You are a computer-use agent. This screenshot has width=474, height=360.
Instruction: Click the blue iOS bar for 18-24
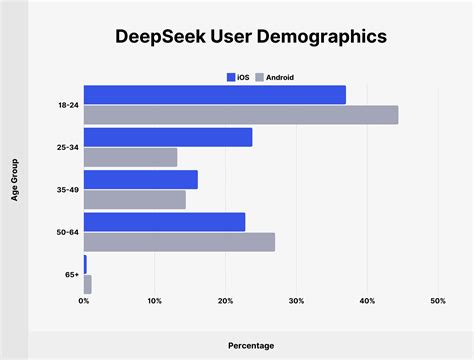tap(215, 95)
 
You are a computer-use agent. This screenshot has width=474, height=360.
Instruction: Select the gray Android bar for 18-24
tap(241, 115)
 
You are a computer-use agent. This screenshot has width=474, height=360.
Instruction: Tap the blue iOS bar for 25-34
tap(168, 137)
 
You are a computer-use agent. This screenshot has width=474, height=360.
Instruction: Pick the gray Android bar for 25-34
tap(131, 157)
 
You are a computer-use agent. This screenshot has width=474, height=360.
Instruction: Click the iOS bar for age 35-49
tap(141, 179)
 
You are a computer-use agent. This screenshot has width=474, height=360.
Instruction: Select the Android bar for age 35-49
tap(135, 199)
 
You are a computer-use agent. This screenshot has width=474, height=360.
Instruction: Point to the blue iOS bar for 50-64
tap(165, 222)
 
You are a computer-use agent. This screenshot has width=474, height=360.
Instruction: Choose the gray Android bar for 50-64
tap(180, 242)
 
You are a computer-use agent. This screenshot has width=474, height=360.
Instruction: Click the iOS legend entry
tap(238, 77)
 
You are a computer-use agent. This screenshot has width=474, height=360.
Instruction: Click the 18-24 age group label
tap(68, 105)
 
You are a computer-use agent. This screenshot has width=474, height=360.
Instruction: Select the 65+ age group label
tap(71, 274)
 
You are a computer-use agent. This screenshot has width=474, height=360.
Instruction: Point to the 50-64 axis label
tap(68, 232)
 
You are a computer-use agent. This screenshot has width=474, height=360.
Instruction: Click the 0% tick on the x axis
tap(84, 301)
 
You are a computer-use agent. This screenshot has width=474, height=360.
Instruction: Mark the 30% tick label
tap(296, 301)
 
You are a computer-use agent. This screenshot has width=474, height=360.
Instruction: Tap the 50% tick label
tap(437, 301)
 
